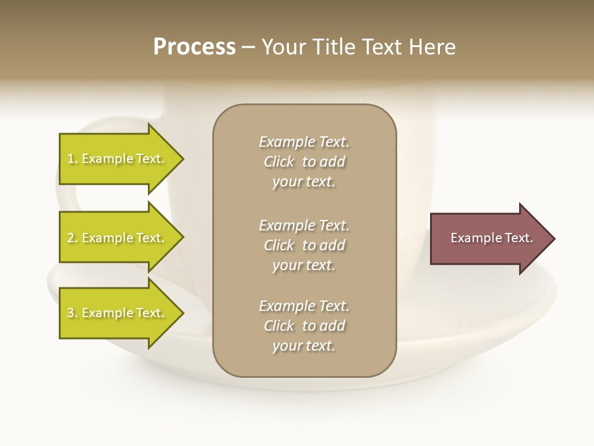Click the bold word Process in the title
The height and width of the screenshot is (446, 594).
click(x=194, y=46)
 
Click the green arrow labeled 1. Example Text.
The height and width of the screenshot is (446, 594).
click(x=118, y=159)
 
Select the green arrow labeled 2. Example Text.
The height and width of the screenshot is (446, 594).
click(x=118, y=238)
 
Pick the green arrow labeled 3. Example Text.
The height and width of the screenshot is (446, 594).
click(x=118, y=313)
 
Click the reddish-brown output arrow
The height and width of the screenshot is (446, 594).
click(x=489, y=238)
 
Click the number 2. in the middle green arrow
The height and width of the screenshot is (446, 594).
click(x=72, y=238)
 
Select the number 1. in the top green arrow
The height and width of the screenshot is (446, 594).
click(x=72, y=159)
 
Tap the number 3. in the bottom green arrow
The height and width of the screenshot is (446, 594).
click(x=72, y=313)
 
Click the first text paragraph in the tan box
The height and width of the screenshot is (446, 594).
click(x=304, y=162)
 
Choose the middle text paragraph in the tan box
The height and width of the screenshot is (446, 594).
click(x=304, y=245)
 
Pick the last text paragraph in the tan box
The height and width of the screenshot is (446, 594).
click(x=304, y=326)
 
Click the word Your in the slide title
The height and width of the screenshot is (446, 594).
click(x=284, y=46)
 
